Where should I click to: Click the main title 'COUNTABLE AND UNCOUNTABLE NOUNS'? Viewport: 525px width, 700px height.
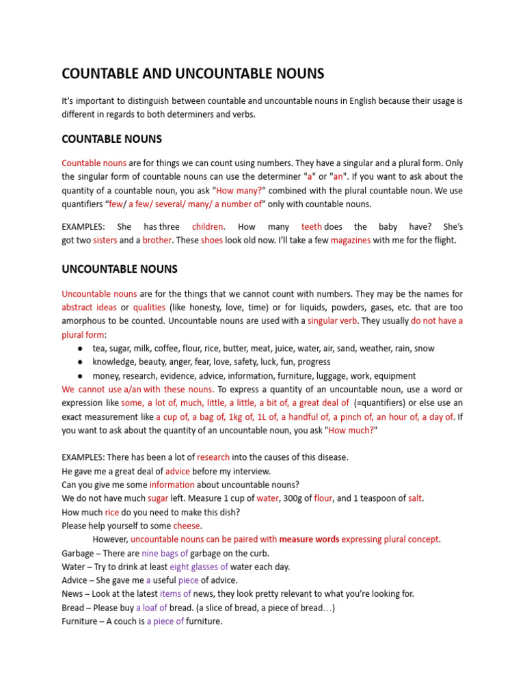[x=193, y=74]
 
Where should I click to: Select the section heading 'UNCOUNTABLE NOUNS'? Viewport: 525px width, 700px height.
[x=120, y=269]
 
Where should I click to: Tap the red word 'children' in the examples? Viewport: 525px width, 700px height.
[x=207, y=226]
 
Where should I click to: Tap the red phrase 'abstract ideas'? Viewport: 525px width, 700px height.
[x=89, y=307]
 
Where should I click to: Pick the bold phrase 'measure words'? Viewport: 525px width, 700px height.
[x=309, y=539]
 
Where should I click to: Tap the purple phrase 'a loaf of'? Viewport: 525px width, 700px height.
[x=151, y=608]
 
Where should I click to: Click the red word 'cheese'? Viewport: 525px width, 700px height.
[x=187, y=526]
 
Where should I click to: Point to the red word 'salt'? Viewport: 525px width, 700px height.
[x=414, y=498]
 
